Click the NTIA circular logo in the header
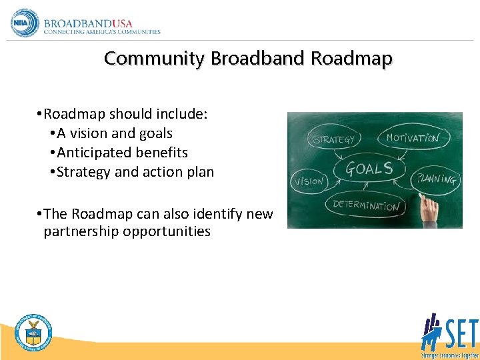(x=25, y=23)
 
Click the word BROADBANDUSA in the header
(x=88, y=23)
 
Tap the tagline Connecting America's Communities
(x=102, y=32)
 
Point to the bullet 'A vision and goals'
(x=115, y=133)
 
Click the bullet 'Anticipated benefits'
(x=123, y=153)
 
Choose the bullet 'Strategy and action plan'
(x=135, y=172)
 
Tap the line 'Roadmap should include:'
(x=125, y=114)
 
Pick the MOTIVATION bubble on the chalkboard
(x=413, y=138)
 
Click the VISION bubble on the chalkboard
(x=309, y=181)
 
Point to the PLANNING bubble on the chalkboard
(x=436, y=179)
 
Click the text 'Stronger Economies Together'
(x=449, y=354)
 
